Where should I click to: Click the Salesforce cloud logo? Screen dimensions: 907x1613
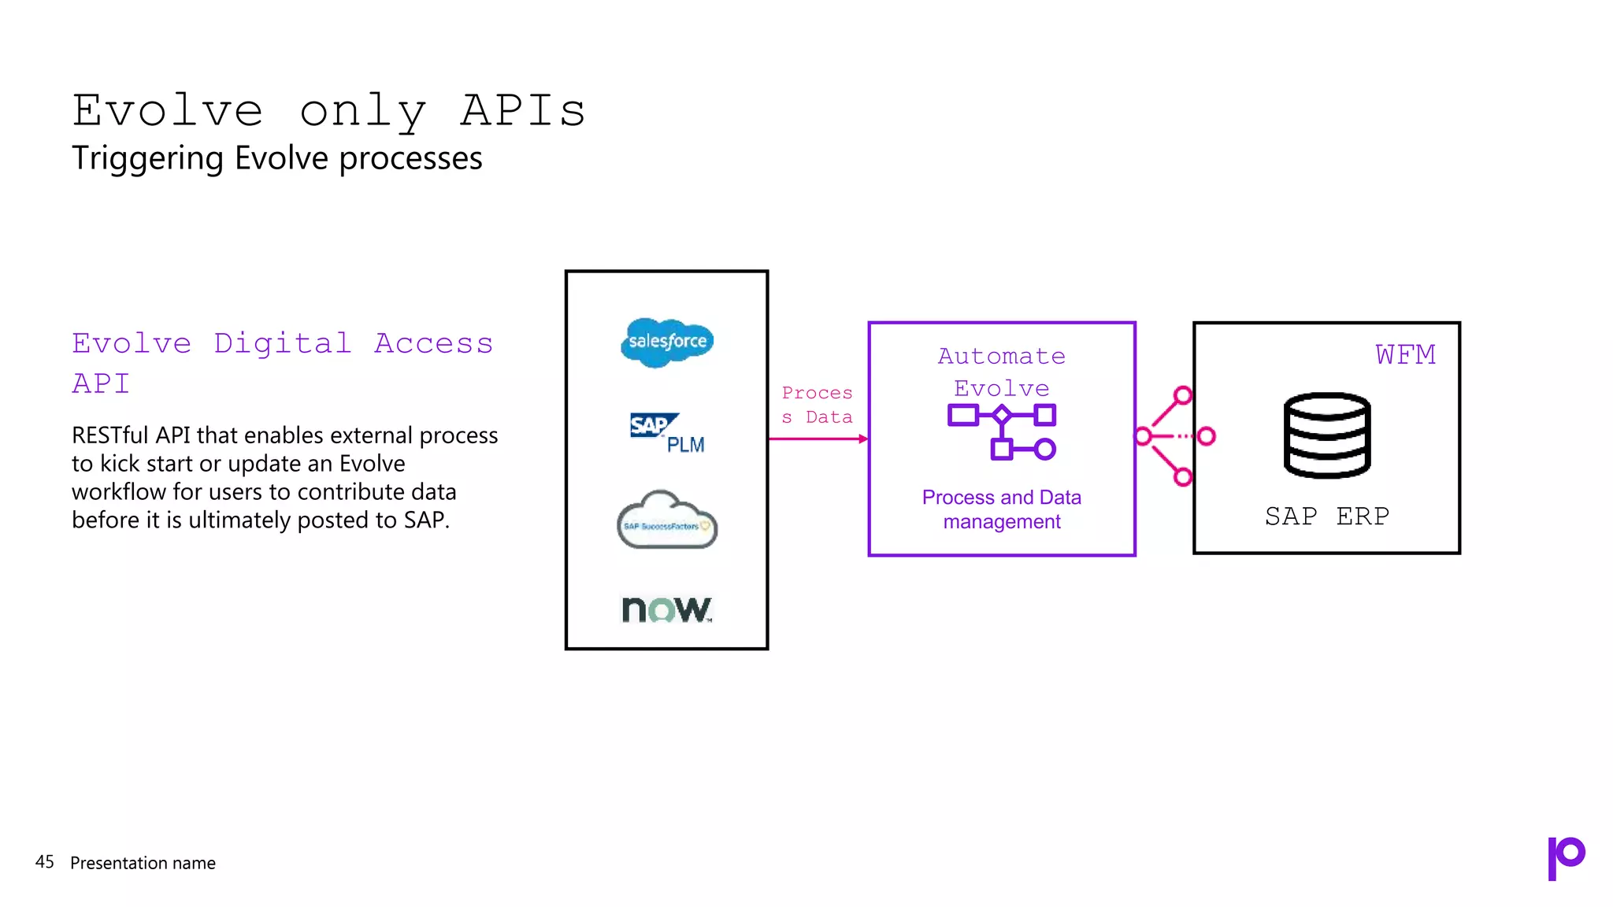click(x=667, y=342)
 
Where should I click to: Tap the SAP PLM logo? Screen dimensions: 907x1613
click(x=666, y=432)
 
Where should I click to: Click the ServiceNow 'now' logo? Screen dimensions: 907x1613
click(x=666, y=609)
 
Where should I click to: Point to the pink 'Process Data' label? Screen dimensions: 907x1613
click(x=817, y=405)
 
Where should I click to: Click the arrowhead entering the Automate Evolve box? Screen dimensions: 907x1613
click(x=863, y=439)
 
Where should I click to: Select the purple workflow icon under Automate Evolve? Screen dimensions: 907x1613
click(x=1001, y=431)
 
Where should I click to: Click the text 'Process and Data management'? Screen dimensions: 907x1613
click(x=1001, y=509)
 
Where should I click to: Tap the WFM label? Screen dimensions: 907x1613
click(x=1405, y=355)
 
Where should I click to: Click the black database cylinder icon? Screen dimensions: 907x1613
click(x=1327, y=435)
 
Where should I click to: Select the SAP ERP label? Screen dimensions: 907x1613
click(x=1327, y=516)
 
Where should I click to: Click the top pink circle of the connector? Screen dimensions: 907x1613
click(x=1182, y=395)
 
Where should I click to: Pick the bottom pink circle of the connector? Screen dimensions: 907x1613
click(x=1182, y=476)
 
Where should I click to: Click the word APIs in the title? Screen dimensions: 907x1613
click(x=523, y=110)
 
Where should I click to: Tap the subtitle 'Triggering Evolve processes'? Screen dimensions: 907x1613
click(x=276, y=158)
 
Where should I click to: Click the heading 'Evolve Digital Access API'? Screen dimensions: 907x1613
click(x=282, y=362)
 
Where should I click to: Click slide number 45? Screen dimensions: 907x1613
click(x=45, y=862)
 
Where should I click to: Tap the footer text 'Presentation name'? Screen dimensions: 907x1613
click(x=143, y=863)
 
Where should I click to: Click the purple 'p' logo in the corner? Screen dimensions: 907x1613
click(x=1566, y=857)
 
